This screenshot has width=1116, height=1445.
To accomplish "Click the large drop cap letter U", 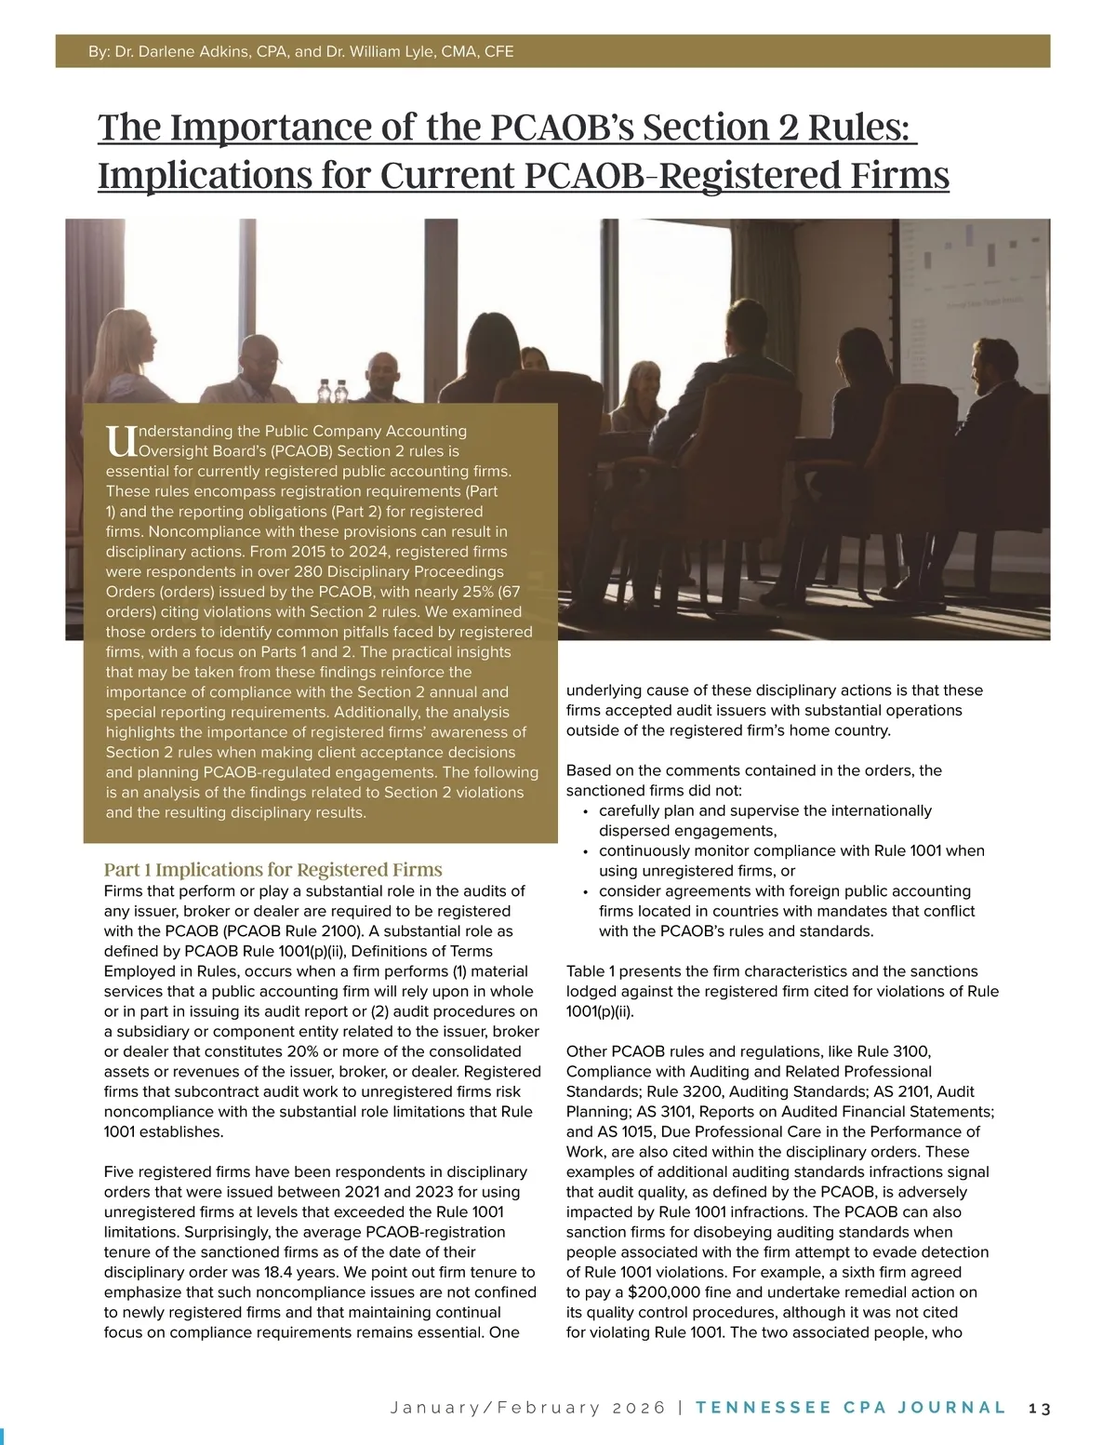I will pyautogui.click(x=120, y=440).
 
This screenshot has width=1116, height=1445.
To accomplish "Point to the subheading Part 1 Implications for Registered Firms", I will pyautogui.click(x=272, y=870).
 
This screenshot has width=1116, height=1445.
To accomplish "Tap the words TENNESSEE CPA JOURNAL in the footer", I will pyautogui.click(x=850, y=1408).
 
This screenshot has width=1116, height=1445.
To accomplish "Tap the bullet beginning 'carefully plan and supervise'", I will pyautogui.click(x=764, y=811).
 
